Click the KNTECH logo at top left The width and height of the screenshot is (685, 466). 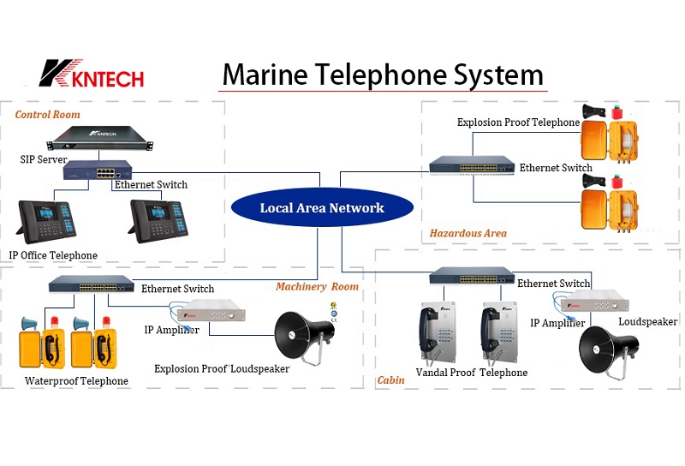[91, 74]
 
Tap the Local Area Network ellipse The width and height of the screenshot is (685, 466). [322, 208]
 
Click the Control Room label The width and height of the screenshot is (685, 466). [48, 114]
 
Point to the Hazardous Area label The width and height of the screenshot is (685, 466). [468, 233]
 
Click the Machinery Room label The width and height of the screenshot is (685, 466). [317, 287]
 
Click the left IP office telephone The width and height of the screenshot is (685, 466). [51, 219]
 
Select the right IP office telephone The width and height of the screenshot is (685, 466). [157, 219]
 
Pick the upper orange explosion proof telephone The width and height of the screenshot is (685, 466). [611, 140]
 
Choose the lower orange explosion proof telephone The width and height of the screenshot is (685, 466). [611, 210]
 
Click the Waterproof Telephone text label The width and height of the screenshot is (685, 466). [76, 381]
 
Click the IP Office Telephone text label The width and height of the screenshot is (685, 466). [53, 255]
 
